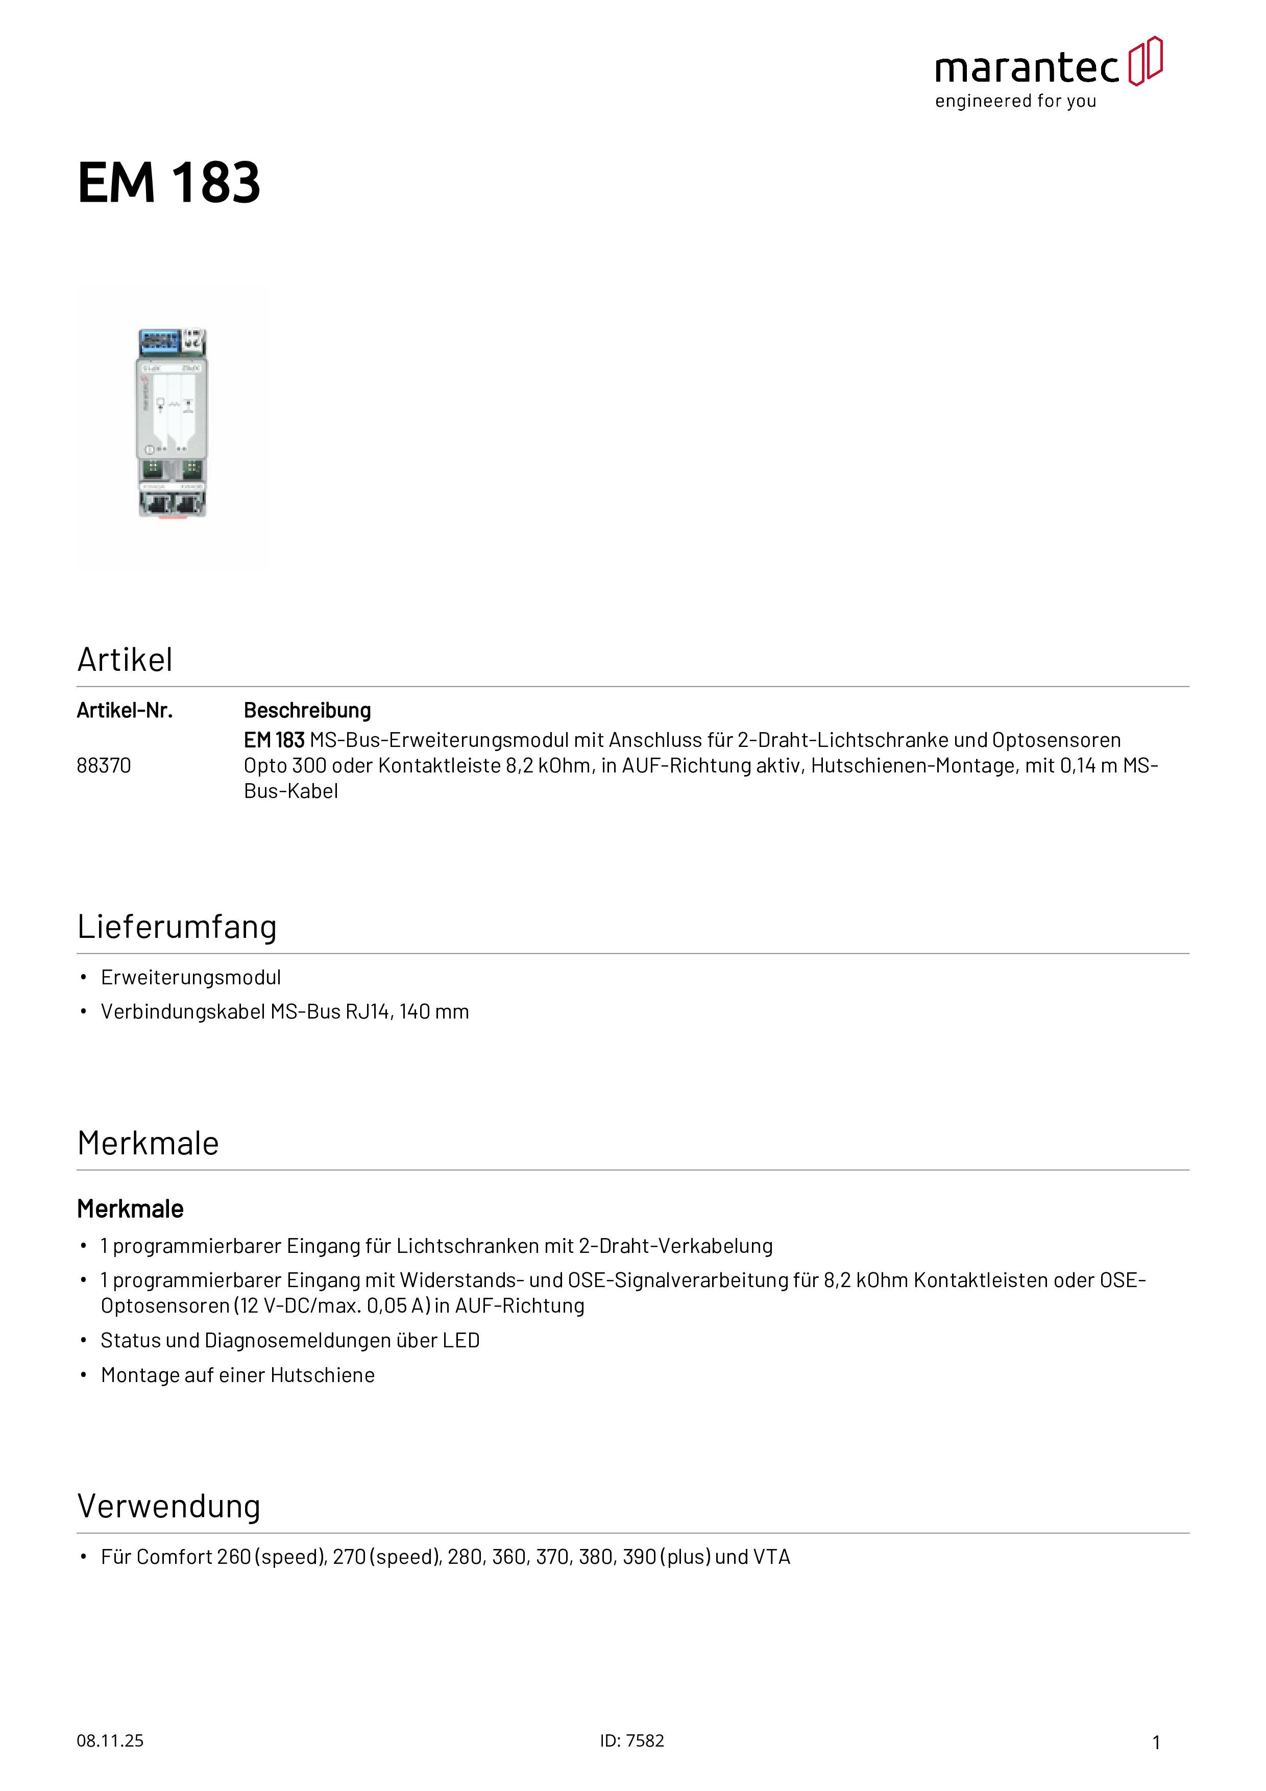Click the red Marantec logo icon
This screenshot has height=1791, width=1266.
pyautogui.click(x=1145, y=61)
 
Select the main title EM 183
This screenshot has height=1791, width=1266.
pyautogui.click(x=168, y=183)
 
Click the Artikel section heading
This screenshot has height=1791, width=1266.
pyautogui.click(x=125, y=660)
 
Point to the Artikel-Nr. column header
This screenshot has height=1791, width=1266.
pyautogui.click(x=125, y=711)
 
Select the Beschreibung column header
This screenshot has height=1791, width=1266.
pyautogui.click(x=307, y=711)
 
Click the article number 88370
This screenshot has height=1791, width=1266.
pyautogui.click(x=104, y=765)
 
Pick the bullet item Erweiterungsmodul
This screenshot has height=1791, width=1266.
pyautogui.click(x=190, y=977)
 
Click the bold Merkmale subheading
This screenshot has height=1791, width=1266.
pyautogui.click(x=130, y=1209)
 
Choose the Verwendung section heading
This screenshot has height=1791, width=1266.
pyautogui.click(x=168, y=1506)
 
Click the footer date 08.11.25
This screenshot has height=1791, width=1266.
pyautogui.click(x=110, y=1740)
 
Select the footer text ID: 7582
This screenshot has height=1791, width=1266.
pyautogui.click(x=632, y=1740)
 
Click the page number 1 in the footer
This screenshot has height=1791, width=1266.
pyautogui.click(x=1156, y=1742)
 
